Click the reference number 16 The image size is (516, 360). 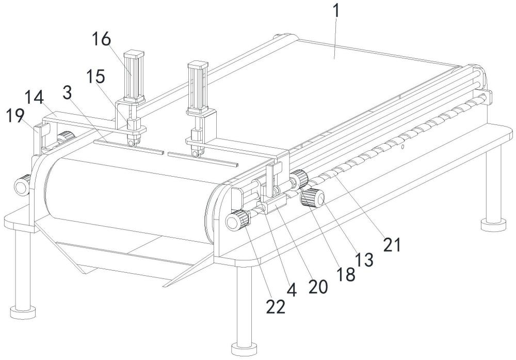[x=101, y=39]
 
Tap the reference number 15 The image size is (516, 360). [x=96, y=76]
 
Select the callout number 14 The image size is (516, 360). [x=34, y=98]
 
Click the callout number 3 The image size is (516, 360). [x=67, y=93]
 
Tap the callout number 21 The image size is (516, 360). [x=392, y=245]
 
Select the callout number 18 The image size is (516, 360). [x=346, y=274]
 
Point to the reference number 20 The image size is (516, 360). [x=318, y=286]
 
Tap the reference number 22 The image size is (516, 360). [x=276, y=307]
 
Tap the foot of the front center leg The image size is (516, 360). [x=244, y=349]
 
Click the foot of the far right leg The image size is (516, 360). [x=493, y=225]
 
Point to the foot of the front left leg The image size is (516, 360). [x=23, y=312]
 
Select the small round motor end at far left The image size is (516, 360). [x=22, y=185]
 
